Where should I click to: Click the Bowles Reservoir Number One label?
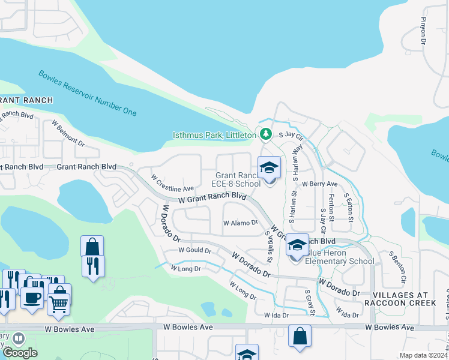88,93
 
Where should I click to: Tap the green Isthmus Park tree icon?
264,134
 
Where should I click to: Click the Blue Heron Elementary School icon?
297,247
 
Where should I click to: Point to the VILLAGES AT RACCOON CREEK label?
404,299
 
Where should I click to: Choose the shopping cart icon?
58,303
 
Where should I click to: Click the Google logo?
20,352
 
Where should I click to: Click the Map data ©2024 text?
423,355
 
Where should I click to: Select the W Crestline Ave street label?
172,184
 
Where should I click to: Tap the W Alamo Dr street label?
240,223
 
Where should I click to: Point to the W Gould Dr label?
195,250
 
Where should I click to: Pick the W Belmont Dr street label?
68,134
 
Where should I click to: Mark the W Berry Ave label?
320,184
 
